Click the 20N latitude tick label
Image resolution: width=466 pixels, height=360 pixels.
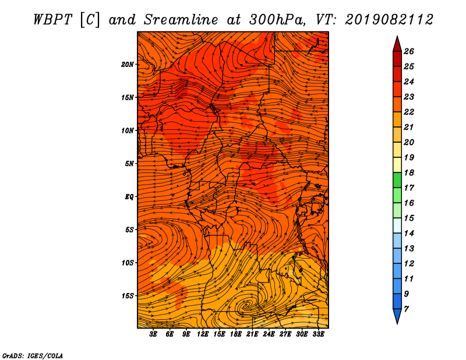(x=127, y=65)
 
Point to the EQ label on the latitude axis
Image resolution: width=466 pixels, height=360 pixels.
(x=129, y=197)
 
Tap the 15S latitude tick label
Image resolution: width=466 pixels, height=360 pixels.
(x=128, y=296)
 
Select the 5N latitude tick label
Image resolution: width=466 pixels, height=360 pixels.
(x=129, y=164)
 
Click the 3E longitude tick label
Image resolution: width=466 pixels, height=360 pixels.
(x=153, y=334)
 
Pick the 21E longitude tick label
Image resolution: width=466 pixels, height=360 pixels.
(x=252, y=334)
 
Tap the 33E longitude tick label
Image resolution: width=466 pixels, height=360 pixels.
(x=318, y=334)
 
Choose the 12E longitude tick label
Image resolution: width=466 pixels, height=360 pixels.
(x=202, y=334)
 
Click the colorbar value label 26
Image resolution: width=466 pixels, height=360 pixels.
(x=409, y=51)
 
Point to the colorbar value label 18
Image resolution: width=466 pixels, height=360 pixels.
(x=409, y=172)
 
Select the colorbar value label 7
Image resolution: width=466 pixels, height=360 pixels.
(x=406, y=309)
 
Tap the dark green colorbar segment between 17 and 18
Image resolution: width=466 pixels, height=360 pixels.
(x=397, y=180)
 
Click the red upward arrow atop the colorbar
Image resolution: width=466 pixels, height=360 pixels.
(x=397, y=44)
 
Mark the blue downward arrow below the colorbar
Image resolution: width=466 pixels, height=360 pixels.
(x=397, y=316)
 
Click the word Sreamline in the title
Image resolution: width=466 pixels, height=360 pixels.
(x=181, y=20)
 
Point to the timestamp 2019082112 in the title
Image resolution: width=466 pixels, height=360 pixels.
(x=389, y=20)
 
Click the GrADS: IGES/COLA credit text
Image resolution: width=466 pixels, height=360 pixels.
(x=33, y=356)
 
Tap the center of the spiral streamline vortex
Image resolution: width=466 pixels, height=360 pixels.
(x=246, y=305)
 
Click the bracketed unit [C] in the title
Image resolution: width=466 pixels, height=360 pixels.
(x=90, y=20)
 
